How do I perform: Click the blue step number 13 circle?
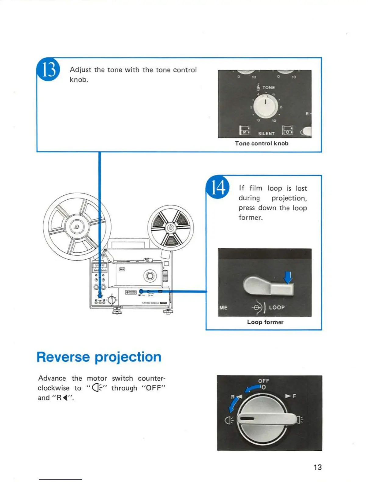pos(48,70)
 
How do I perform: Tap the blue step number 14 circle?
pos(218,187)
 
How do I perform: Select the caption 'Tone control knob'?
pos(261,143)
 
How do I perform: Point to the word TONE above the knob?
pos(268,87)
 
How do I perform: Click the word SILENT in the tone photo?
pos(266,133)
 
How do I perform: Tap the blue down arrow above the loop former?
pos(288,277)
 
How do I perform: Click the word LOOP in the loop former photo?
pos(277,307)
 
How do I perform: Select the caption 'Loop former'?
pos(265,322)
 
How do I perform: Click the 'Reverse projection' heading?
pos(99,357)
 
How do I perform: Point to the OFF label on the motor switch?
pos(264,381)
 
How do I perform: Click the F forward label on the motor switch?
pos(294,396)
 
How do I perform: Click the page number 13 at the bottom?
pos(318,467)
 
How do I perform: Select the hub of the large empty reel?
pos(77,226)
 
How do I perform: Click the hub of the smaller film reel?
pos(171,228)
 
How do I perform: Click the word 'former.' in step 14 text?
pos(250,218)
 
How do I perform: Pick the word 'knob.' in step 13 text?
pos(79,80)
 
